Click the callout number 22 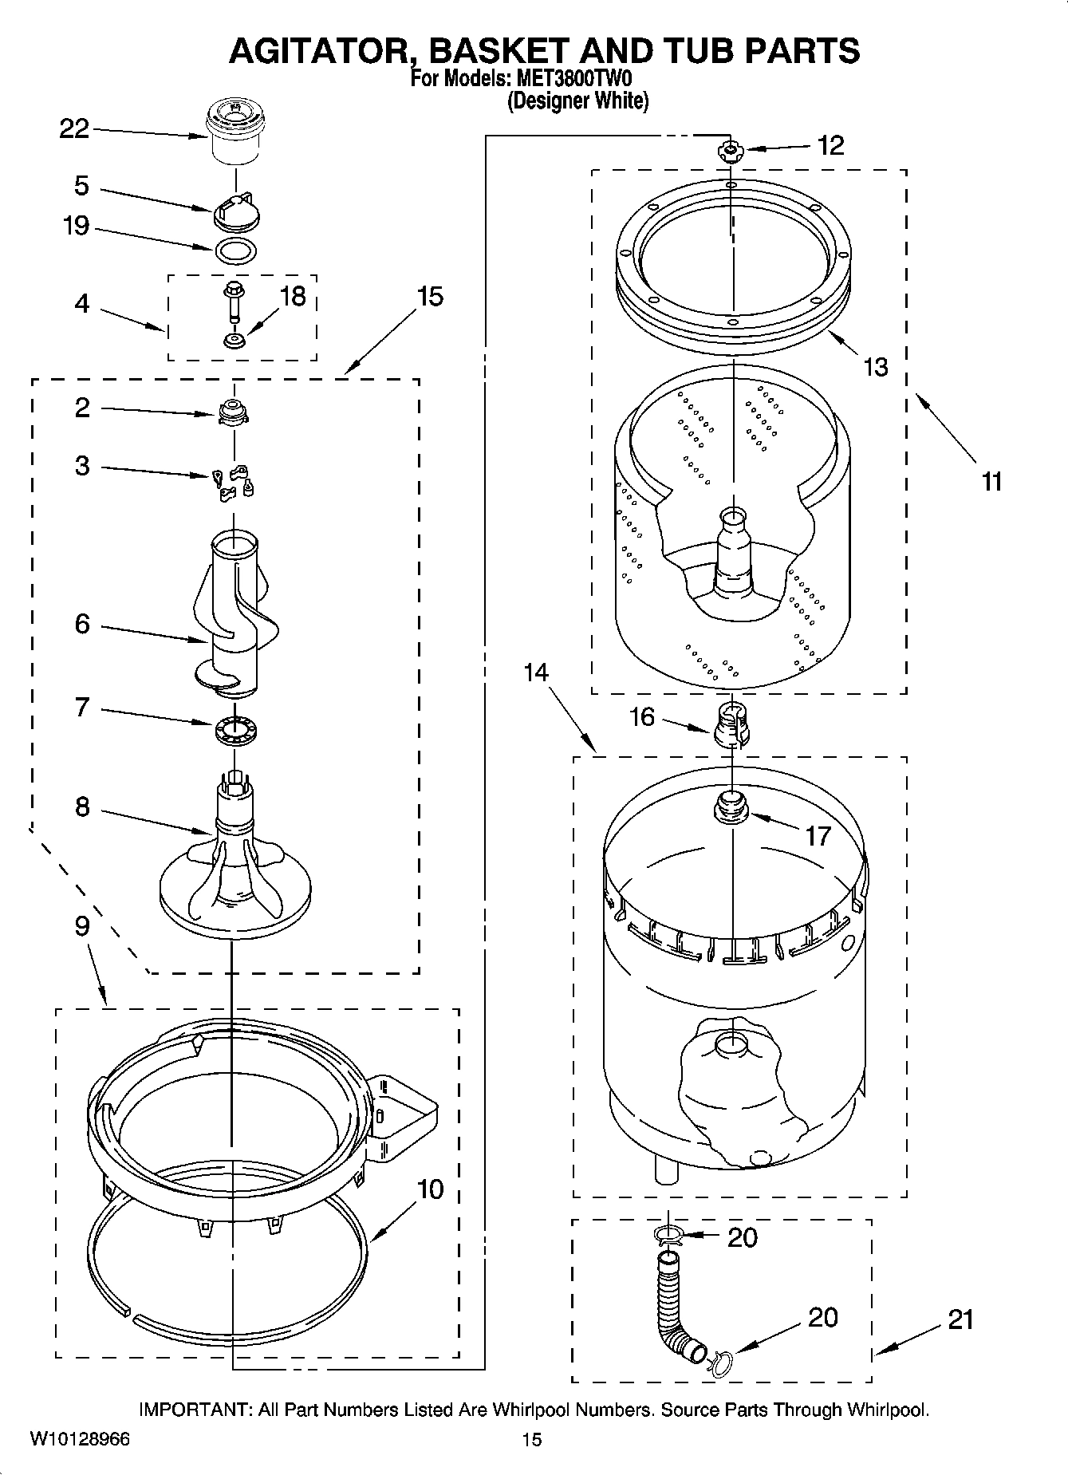click(74, 129)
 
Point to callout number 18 click(293, 297)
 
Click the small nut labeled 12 click(728, 150)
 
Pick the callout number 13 click(875, 367)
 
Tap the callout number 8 click(82, 807)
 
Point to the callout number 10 click(430, 1189)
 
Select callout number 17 click(818, 836)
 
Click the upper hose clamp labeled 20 click(668, 1236)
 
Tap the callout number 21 click(961, 1319)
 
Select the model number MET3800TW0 click(574, 80)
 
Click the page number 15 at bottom click(532, 1439)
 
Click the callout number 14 click(536, 672)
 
